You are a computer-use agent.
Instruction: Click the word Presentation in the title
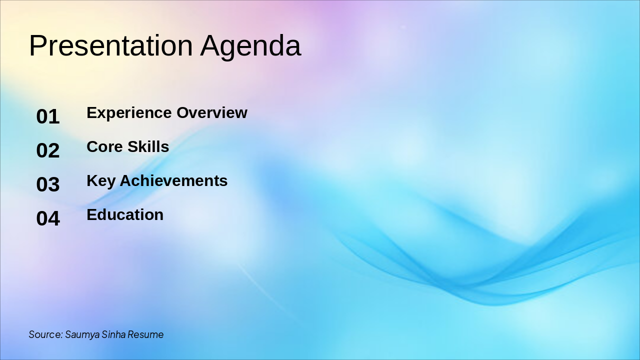(111, 45)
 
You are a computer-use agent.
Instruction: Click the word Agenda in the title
(250, 47)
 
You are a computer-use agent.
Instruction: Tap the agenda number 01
(48, 116)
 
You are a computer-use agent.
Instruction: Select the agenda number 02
(48, 150)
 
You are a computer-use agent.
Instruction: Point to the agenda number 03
(48, 184)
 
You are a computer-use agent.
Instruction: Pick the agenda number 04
(48, 218)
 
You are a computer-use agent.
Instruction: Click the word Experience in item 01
(129, 113)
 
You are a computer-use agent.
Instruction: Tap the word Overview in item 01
(212, 112)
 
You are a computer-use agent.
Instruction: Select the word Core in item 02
(104, 146)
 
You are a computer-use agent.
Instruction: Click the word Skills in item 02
(148, 146)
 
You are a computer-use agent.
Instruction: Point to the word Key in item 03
(101, 181)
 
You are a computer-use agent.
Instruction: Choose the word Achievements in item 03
(173, 180)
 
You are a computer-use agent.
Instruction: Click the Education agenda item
(125, 214)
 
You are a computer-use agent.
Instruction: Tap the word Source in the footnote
(45, 334)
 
